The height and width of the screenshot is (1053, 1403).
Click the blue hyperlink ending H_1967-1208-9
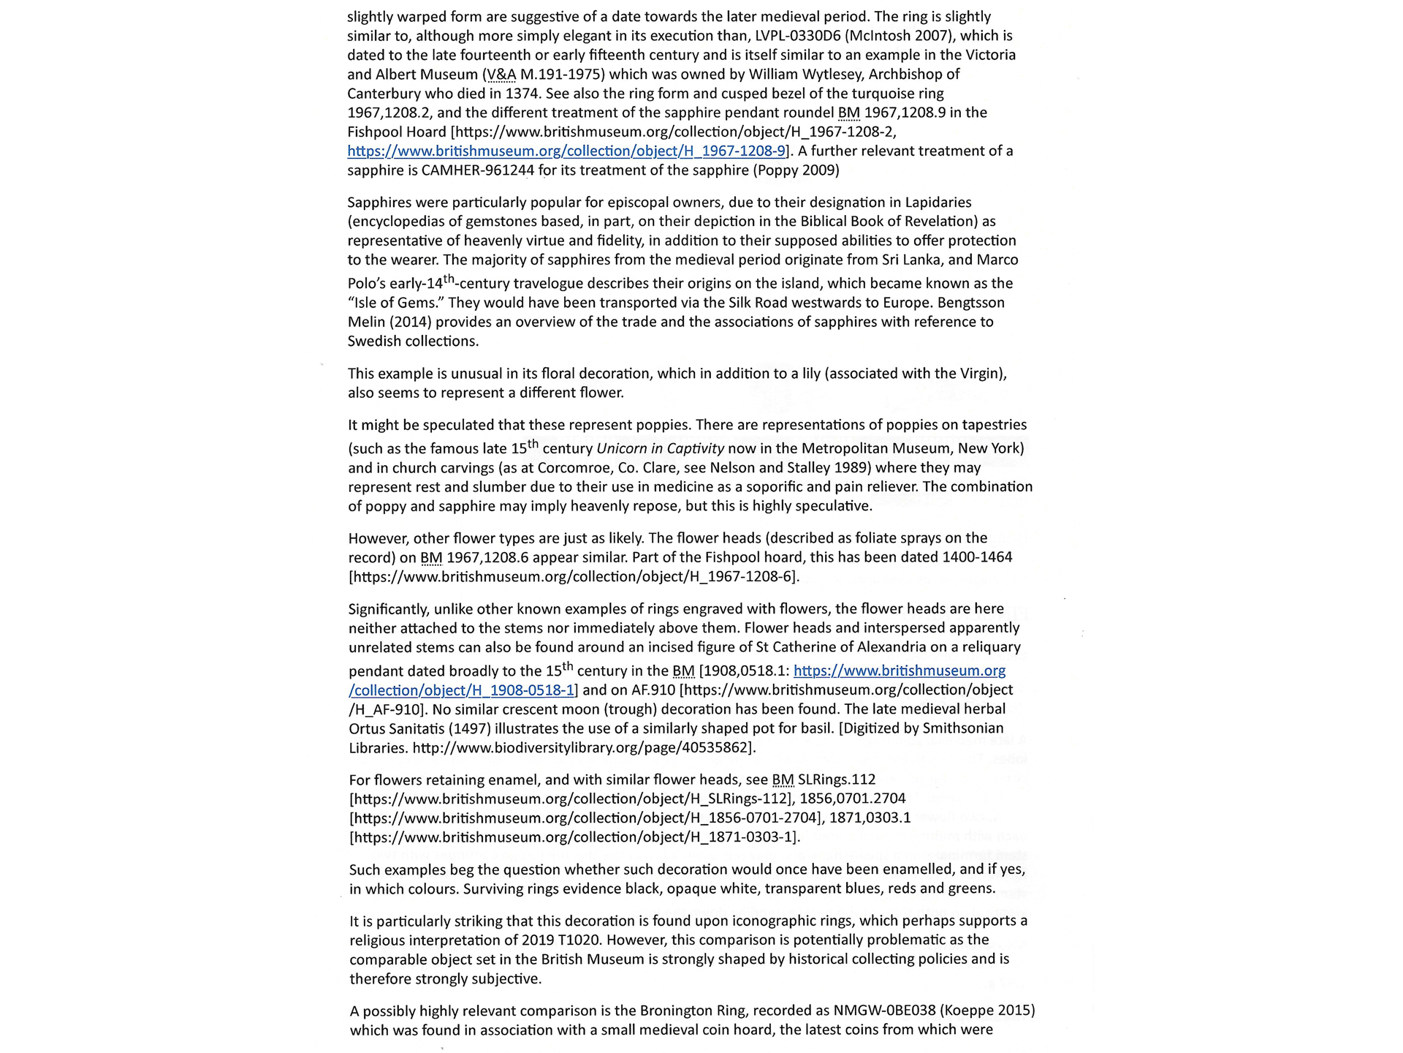point(566,151)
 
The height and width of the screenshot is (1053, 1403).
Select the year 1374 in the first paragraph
point(522,94)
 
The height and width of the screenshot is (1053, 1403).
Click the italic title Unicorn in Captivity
point(660,448)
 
